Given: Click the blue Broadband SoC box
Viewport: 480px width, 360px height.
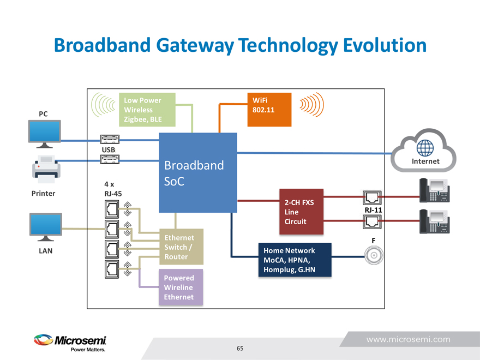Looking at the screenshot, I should (x=198, y=172).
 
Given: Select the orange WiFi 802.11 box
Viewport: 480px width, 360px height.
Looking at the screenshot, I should (x=268, y=110).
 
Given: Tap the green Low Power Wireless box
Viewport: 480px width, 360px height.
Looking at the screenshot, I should (x=147, y=110).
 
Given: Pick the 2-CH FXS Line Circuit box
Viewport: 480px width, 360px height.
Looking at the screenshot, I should (x=301, y=211).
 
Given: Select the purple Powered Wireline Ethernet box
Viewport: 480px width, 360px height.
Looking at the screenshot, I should (x=181, y=287).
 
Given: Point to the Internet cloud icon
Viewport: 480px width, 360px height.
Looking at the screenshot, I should (x=425, y=149).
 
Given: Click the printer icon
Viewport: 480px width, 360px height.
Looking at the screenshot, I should (x=45, y=169).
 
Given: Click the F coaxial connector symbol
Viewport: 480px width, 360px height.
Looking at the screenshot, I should (x=374, y=255).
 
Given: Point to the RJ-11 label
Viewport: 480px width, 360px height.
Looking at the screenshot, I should (x=373, y=209).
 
